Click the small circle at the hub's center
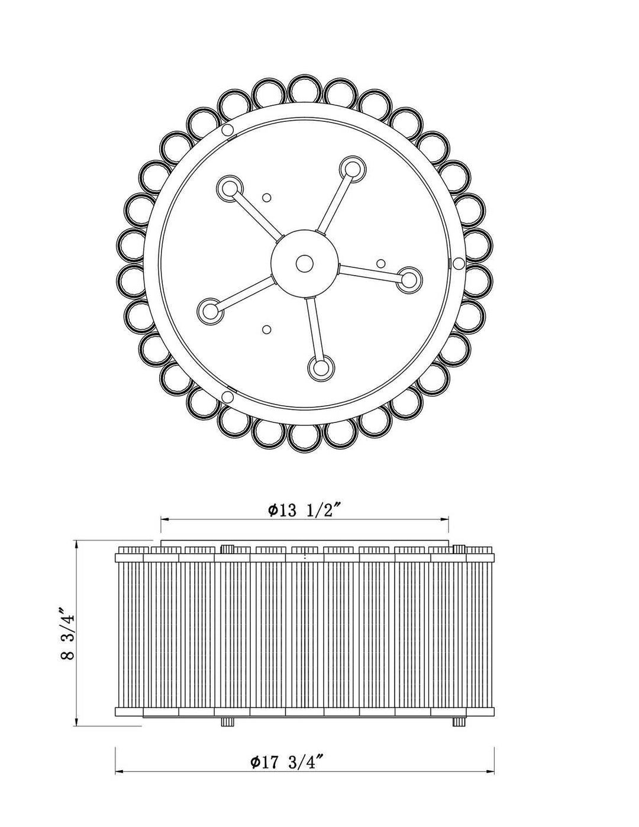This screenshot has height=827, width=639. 304,263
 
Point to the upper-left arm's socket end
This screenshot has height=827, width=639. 230,188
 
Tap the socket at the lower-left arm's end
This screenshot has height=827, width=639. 209,310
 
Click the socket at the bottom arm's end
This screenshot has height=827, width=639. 321,368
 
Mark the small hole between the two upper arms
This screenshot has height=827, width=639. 267,198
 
